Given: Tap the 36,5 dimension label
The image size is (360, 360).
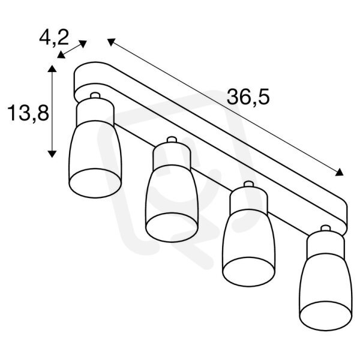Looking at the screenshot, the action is [248, 97].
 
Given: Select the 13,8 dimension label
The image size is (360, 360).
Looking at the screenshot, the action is [28, 113].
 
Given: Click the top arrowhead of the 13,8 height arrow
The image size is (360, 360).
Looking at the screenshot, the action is [52, 68].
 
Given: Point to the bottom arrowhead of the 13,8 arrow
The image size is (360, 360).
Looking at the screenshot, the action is [52, 154].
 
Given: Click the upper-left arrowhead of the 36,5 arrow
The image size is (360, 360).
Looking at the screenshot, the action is [111, 41].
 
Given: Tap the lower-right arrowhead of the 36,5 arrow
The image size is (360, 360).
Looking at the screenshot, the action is [340, 172].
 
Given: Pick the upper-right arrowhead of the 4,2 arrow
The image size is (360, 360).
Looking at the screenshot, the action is [83, 43].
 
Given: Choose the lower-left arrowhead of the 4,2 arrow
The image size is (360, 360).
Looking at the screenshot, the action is [61, 55].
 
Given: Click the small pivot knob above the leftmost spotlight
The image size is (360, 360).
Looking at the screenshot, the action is [95, 95].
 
